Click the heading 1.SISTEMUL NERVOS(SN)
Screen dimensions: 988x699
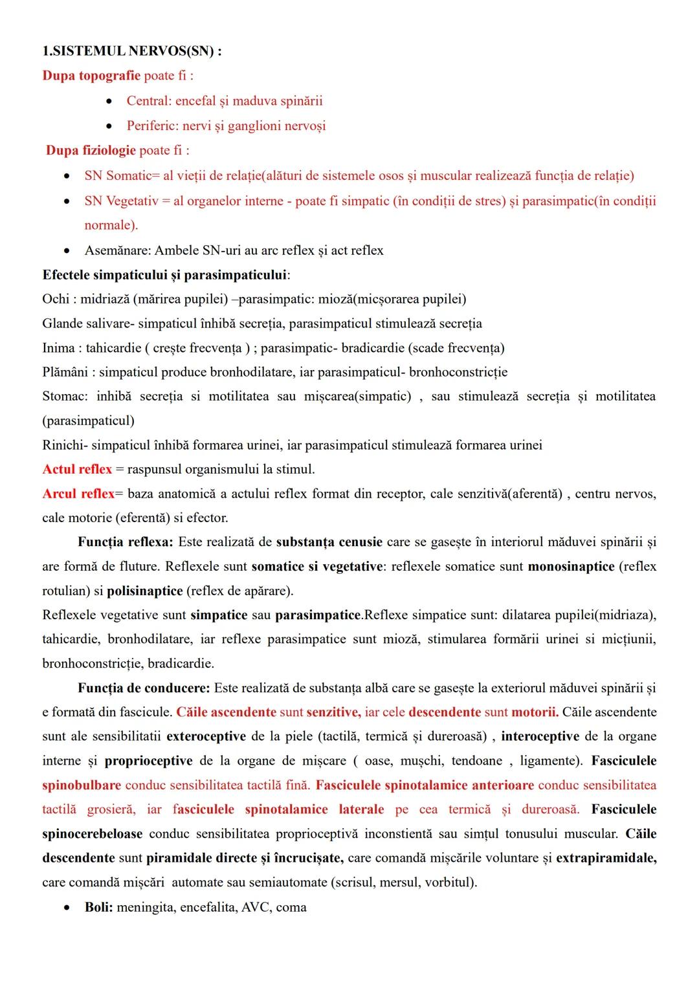point(131,51)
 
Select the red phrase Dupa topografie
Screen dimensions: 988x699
point(91,76)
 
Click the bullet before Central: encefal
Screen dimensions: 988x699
point(111,101)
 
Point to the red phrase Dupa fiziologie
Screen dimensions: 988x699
point(91,151)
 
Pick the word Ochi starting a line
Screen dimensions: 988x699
point(56,299)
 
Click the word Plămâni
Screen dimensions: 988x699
point(64,372)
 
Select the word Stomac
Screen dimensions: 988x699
point(64,396)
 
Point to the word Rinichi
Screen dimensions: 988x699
point(63,445)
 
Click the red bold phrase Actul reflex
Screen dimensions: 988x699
point(77,469)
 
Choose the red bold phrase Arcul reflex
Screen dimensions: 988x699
point(78,494)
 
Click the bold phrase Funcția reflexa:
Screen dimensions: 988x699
point(126,542)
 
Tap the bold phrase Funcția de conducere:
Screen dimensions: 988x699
point(144,688)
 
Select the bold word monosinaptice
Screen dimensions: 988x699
point(571,567)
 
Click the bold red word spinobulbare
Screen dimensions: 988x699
point(82,785)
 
